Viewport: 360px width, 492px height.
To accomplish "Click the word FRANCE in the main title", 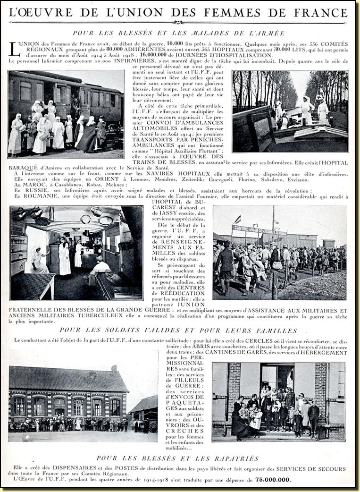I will (321, 12).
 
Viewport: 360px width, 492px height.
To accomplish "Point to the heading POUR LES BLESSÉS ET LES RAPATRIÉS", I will (177, 458).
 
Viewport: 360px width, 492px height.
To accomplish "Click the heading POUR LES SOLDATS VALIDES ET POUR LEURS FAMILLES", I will (178, 330).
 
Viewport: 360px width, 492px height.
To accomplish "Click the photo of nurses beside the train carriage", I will (66, 114).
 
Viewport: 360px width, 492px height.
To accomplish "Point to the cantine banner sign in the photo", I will (259, 230).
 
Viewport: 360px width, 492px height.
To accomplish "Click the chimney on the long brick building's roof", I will (114, 368).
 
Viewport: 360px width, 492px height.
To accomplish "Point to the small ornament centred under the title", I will (178, 22).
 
